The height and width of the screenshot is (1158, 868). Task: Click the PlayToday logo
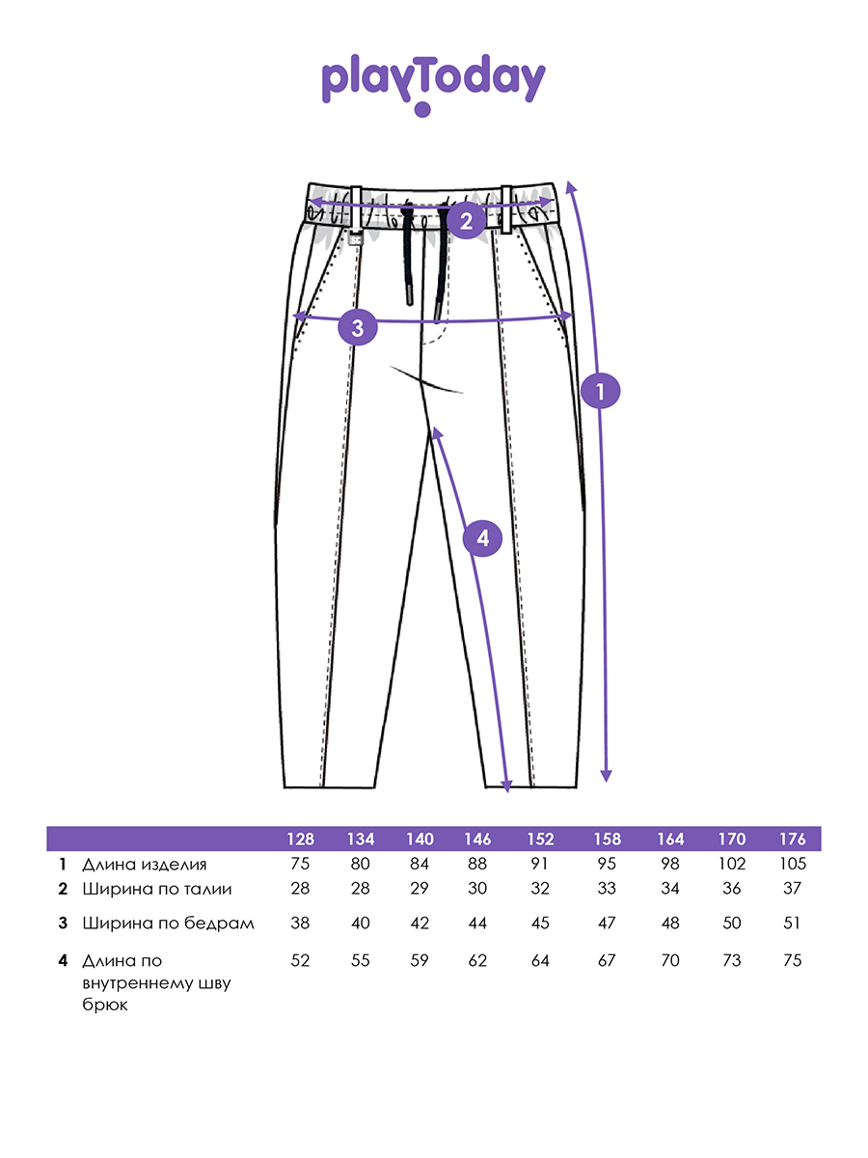point(433,84)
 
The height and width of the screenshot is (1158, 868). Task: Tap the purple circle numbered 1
point(600,391)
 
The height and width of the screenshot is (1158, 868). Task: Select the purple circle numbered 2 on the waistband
point(467,221)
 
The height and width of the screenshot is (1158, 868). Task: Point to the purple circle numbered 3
point(358,327)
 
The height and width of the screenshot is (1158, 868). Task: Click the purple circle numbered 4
point(483,538)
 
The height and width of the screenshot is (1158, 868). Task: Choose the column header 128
point(300,839)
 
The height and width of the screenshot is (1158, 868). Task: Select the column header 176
point(793,839)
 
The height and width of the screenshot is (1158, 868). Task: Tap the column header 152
point(540,839)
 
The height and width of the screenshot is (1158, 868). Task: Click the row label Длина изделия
point(145,865)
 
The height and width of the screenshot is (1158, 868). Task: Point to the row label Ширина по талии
point(157,889)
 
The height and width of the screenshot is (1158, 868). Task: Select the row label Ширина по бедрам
point(168,924)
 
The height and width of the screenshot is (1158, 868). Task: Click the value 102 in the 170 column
point(731,864)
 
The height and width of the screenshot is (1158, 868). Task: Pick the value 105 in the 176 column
point(793,864)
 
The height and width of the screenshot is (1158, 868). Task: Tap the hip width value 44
point(477,923)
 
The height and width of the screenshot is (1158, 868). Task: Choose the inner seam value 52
point(300,960)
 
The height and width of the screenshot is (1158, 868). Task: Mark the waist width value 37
point(792,888)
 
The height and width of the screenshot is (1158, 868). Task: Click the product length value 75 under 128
point(300,864)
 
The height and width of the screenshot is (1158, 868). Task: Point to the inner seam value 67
point(607,960)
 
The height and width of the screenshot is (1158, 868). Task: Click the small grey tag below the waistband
point(356,239)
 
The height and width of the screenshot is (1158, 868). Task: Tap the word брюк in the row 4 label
point(105,1005)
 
